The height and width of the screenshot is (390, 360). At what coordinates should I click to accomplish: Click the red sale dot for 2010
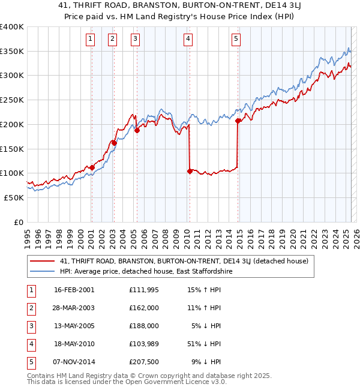[x=190, y=171]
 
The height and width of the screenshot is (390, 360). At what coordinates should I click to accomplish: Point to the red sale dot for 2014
[x=238, y=121]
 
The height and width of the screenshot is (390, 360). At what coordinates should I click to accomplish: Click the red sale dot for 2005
[x=137, y=130]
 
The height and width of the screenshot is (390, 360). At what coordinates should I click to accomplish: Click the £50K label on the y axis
[x=14, y=197]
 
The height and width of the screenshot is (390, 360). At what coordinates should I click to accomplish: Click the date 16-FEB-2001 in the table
[x=74, y=290]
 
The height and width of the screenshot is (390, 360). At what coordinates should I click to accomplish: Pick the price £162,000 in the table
[x=143, y=308]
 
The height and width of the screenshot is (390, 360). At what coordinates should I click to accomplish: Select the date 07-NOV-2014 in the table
[x=74, y=362]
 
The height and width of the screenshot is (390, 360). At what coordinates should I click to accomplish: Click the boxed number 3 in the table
[x=30, y=326]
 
